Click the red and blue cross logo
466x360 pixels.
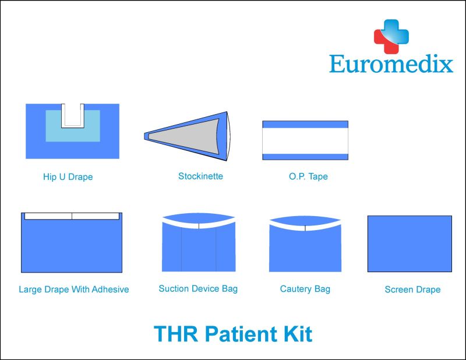pyautogui.click(x=391, y=36)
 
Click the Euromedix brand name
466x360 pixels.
pyautogui.click(x=391, y=63)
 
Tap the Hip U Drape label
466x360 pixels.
pyautogui.click(x=68, y=177)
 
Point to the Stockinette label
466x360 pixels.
pyautogui.click(x=200, y=176)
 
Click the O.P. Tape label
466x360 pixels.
pyautogui.click(x=308, y=177)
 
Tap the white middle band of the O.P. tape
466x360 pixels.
pyautogui.click(x=305, y=140)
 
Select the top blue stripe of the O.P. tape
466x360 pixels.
pyautogui.click(x=305, y=124)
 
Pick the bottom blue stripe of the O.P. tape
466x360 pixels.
pyautogui.click(x=305, y=157)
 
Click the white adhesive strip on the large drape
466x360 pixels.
pyautogui.click(x=72, y=216)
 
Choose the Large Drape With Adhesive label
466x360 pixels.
pyautogui.click(x=74, y=290)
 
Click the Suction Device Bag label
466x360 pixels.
pyautogui.click(x=198, y=289)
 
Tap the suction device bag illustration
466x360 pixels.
pyautogui.click(x=199, y=247)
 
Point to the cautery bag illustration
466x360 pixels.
pyautogui.click(x=305, y=248)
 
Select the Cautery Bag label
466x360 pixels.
pyautogui.click(x=305, y=289)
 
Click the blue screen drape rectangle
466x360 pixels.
pyautogui.click(x=409, y=243)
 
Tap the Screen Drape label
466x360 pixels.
pyautogui.click(x=412, y=290)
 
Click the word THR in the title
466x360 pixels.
pyautogui.click(x=176, y=334)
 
